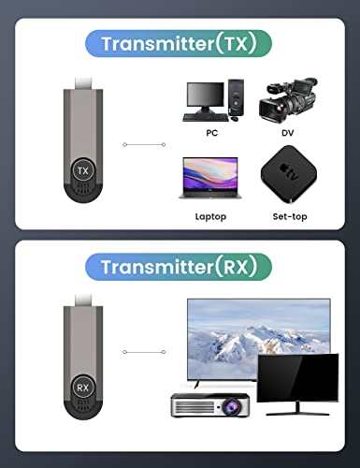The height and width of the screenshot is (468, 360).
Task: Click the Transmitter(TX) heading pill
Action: (180, 43)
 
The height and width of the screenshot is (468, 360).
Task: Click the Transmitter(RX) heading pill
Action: (180, 267)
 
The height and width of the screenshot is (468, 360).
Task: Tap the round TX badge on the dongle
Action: (82, 170)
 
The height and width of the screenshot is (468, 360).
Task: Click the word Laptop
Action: (210, 216)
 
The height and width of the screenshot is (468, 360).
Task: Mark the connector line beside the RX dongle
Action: (145, 351)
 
